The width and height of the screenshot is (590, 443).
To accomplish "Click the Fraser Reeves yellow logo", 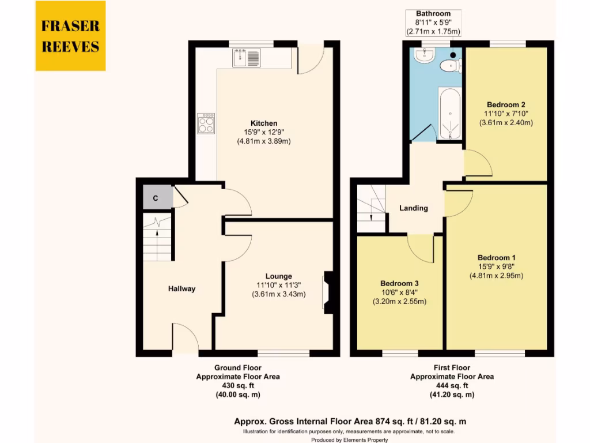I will pos(70,36).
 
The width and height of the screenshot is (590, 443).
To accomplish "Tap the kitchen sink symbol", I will pos(247,58).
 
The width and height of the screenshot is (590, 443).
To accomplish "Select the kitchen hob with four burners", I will pos(206,123).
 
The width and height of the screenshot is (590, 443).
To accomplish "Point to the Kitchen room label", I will pos(263,123).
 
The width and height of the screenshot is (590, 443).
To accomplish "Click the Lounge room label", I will pos(278,276).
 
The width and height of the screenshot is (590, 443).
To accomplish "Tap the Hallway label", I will pos(181,288).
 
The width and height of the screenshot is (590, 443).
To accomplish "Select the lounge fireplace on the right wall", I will pos(328,292).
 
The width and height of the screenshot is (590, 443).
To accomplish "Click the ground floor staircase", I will pos(157,236).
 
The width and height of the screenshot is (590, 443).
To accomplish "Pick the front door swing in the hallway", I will pos(184,337).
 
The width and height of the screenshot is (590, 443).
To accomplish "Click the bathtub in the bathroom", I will pos(449,114).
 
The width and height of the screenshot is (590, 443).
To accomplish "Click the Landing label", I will pos(414,208).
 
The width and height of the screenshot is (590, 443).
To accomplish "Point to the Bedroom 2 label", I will pos(505,105).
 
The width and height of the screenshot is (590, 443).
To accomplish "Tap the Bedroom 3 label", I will pos(399,284).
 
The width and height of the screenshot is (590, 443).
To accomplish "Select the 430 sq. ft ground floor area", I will pos(238,385).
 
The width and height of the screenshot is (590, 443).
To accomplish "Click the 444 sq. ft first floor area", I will pos(452,385).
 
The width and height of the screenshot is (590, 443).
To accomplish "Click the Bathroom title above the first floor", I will pos(434,14).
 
